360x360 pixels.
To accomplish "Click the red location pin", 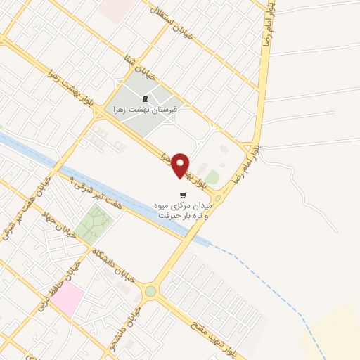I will tap(181, 165).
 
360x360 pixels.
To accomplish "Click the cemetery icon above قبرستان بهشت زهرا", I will tap(145, 99).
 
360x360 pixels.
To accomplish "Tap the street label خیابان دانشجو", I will tap(127, 323).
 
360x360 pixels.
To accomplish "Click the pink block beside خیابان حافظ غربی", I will tap(66, 300).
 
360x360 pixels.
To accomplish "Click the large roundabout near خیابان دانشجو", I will tap(150, 291).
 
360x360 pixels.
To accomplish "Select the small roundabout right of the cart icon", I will tap(219, 199).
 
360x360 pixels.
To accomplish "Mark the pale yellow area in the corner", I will tap(334, 334).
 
